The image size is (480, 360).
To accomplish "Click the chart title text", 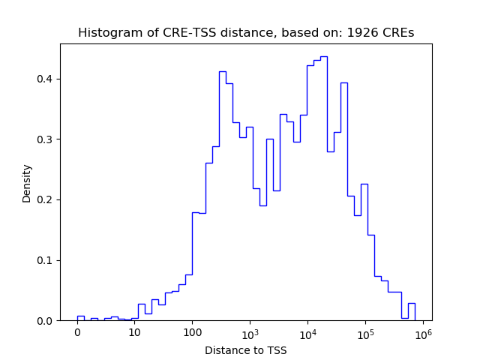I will pyautogui.click(x=246, y=33).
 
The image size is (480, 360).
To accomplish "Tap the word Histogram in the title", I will pyautogui.click(x=107, y=33).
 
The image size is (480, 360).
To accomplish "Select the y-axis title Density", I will pyautogui.click(x=27, y=183).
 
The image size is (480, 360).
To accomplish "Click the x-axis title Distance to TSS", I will pyautogui.click(x=246, y=350).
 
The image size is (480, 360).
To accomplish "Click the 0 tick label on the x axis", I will pyautogui.click(x=77, y=333).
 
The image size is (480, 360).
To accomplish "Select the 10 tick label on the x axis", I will pyautogui.click(x=135, y=333).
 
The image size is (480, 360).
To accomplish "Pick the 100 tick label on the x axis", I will pyautogui.click(x=192, y=333).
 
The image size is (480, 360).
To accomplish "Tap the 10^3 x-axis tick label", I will pyautogui.click(x=250, y=332).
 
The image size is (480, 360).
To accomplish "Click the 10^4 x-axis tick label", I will pyautogui.click(x=307, y=332).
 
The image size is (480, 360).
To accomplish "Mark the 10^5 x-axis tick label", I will pyautogui.click(x=365, y=332).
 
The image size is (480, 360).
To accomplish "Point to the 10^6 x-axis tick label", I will pyautogui.click(x=422, y=332).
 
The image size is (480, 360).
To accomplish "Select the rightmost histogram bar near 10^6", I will pyautogui.click(x=412, y=312).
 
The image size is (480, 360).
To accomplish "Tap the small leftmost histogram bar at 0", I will pyautogui.click(x=80, y=318).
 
